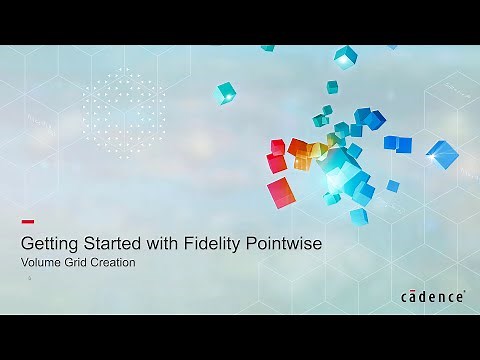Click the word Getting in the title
click(x=51, y=243)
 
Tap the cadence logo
click(x=433, y=296)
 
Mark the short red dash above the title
click(x=28, y=221)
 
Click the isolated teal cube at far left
click(x=226, y=93)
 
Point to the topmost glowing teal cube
click(x=344, y=54)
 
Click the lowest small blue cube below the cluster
click(x=358, y=215)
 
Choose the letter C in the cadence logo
click(x=406, y=297)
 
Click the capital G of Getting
click(x=29, y=243)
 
